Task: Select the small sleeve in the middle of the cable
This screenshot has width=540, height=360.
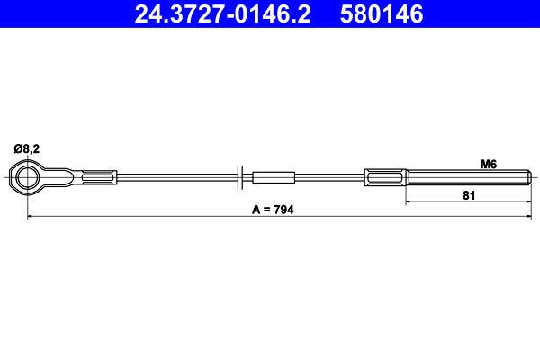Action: [x=274, y=177]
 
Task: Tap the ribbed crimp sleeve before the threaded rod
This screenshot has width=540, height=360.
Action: [x=385, y=177]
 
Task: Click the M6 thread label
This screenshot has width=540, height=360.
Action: [x=489, y=164]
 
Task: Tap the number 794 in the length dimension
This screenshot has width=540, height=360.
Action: [x=284, y=210]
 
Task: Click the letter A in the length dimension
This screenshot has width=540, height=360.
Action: [x=256, y=210]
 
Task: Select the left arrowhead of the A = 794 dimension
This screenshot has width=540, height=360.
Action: [x=31, y=217]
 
